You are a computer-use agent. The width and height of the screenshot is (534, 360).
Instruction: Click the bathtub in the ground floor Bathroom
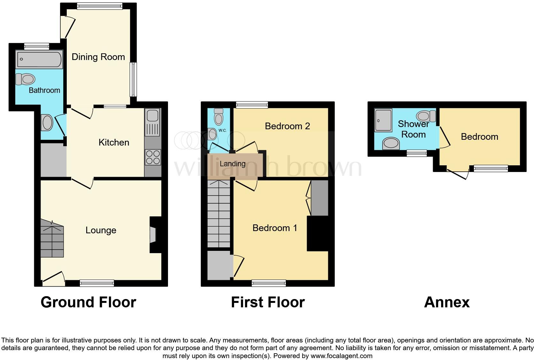40,60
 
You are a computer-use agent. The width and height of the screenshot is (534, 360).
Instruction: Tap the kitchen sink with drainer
153,123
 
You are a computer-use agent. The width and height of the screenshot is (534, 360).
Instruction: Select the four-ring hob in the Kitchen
153,157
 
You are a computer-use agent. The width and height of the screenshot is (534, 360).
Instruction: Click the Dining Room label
98,57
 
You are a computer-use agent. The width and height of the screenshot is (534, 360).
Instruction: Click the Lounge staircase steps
52,239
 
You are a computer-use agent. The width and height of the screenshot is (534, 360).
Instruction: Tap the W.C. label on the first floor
222,131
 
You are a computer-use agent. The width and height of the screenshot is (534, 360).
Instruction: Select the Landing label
233,164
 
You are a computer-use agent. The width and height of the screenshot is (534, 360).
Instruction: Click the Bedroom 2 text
287,126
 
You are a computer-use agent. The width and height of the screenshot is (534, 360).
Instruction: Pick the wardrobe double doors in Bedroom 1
309,198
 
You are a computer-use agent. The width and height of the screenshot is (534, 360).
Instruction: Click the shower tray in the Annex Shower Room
383,120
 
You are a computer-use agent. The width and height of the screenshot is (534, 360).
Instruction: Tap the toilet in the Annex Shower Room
426,116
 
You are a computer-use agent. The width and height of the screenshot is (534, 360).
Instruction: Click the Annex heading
446,302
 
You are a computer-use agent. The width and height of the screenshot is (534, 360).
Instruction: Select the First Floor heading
268,302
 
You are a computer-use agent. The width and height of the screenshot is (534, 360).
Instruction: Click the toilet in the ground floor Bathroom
25,79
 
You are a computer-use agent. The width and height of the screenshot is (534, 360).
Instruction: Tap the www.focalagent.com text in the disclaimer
341,356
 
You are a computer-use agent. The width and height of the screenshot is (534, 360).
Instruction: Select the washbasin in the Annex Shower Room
391,143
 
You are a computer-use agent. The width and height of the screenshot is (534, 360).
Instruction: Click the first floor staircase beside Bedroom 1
219,214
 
